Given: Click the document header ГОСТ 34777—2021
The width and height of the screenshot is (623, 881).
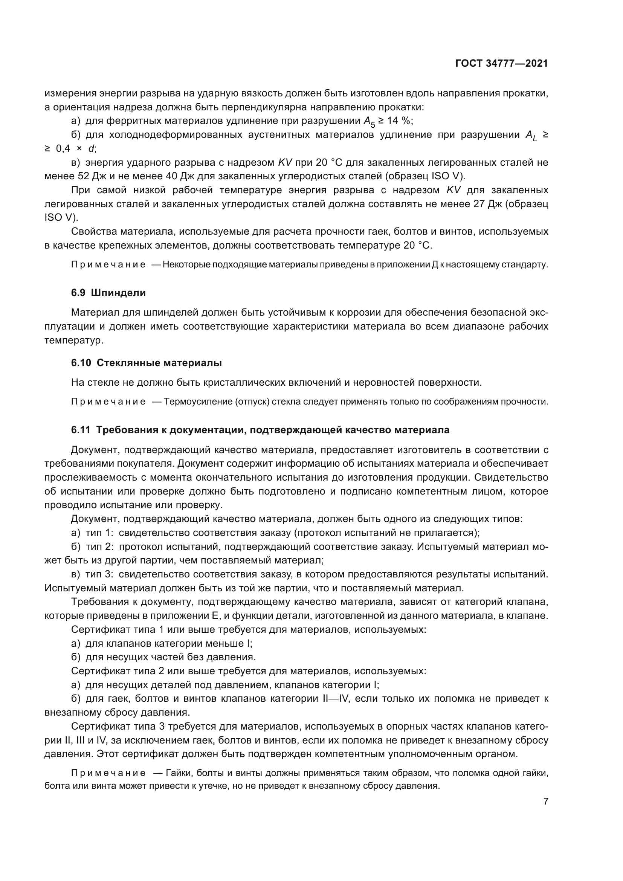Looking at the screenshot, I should coord(501,64).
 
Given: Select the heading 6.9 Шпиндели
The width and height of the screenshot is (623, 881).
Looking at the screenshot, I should coord(108,293).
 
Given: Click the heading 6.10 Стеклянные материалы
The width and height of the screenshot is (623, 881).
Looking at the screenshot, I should coord(146,363).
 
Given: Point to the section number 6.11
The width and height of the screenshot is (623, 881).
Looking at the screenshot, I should coord(81,430).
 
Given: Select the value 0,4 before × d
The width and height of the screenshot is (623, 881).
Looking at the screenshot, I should coord(63,149).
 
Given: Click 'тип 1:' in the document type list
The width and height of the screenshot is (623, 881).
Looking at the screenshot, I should coord(99,533).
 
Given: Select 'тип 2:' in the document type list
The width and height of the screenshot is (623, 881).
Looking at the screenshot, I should coord(99,547).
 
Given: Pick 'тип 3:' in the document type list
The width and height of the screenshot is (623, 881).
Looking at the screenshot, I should coord(99,574).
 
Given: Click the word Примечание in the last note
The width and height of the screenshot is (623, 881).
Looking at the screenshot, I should coord(108,773).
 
